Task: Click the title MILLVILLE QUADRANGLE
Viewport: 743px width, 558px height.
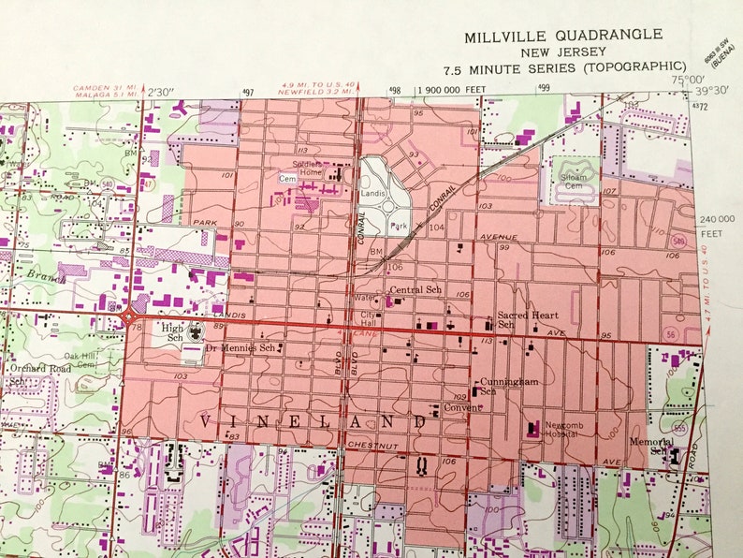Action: click(x=563, y=36)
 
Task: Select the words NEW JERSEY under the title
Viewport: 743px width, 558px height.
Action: click(x=562, y=52)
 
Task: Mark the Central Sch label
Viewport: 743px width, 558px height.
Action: click(x=415, y=290)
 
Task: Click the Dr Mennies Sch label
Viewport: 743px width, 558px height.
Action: click(x=240, y=347)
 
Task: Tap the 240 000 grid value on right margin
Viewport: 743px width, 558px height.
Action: click(x=717, y=219)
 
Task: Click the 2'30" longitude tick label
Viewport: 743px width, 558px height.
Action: click(x=162, y=91)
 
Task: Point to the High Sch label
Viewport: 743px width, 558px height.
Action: click(x=173, y=332)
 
